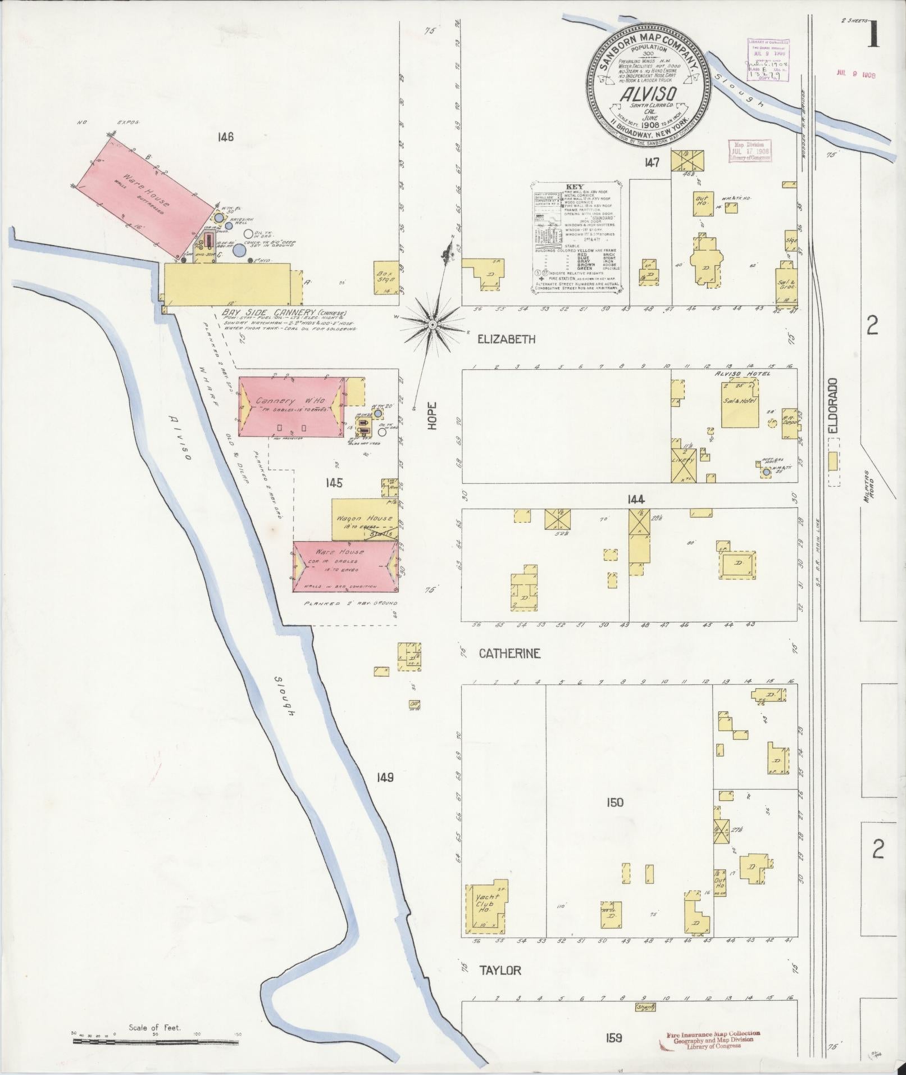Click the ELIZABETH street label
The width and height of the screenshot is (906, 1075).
coord(506,339)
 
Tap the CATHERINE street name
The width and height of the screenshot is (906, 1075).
coord(509,654)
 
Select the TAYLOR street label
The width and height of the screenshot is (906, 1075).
coord(500,970)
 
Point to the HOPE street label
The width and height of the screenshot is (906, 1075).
coord(431,417)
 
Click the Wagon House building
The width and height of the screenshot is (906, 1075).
coord(365,518)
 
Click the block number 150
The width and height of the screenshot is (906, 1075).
coord(615,802)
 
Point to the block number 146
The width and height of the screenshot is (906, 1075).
coord(227,137)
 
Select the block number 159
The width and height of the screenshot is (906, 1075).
coord(614,1038)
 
